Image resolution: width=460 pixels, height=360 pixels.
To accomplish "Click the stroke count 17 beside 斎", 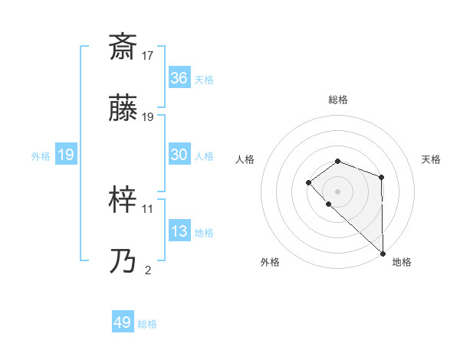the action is pyautogui.click(x=148, y=56).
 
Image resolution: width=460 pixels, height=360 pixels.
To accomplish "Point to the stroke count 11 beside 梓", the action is pyautogui.click(x=148, y=208).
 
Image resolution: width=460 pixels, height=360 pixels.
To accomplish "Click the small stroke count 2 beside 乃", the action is pyautogui.click(x=148, y=270).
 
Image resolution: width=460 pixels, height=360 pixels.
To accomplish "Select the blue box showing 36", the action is pyautogui.click(x=179, y=78).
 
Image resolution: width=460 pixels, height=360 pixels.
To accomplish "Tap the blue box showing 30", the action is pyautogui.click(x=179, y=155).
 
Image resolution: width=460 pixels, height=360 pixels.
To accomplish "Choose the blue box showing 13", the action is pyautogui.click(x=179, y=231).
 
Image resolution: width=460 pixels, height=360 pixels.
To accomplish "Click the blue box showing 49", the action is pyautogui.click(x=123, y=322).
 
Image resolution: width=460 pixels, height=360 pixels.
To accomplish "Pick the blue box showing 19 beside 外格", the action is pyautogui.click(x=65, y=155).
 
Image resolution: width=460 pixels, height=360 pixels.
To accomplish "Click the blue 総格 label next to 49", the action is pyautogui.click(x=147, y=324).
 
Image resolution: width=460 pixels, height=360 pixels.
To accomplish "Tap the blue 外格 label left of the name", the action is pyautogui.click(x=41, y=155).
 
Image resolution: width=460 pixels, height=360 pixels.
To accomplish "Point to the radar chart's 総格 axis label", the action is pyautogui.click(x=337, y=100).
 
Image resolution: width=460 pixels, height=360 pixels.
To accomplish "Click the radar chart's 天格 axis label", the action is pyautogui.click(x=432, y=159).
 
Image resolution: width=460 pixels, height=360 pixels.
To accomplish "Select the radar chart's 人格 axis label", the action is pyautogui.click(x=245, y=159).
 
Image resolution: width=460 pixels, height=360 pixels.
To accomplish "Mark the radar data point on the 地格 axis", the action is pyautogui.click(x=383, y=253).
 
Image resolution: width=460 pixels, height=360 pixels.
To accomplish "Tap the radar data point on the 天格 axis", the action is pyautogui.click(x=381, y=178).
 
